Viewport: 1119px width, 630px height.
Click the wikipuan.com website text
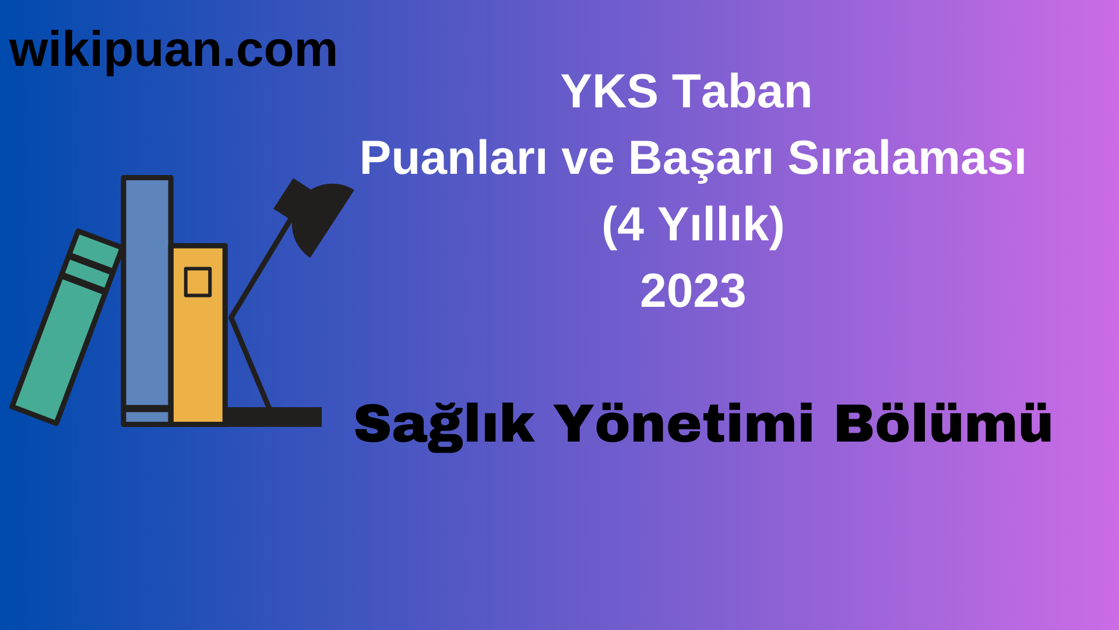[173, 51]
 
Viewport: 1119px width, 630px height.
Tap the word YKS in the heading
[609, 92]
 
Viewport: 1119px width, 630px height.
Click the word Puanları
[453, 158]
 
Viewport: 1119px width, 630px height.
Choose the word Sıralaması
[906, 158]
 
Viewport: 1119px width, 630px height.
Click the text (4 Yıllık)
[693, 225]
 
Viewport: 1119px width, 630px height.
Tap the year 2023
[693, 291]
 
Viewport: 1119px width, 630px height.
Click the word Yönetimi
[683, 423]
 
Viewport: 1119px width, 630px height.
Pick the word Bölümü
[944, 423]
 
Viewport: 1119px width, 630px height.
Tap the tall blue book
[147, 292]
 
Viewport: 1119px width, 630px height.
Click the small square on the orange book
[198, 282]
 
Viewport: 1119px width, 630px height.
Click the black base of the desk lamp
[274, 416]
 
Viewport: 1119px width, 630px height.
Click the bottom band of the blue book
[147, 416]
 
